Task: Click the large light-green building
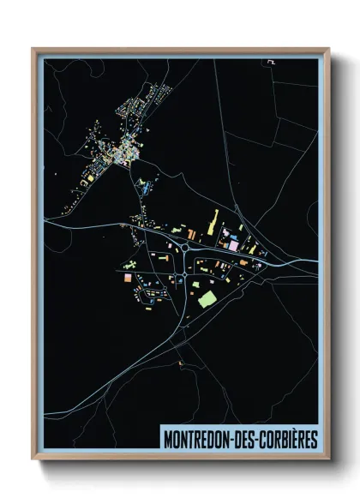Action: click(x=207, y=298)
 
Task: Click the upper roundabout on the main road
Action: click(x=185, y=249)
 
